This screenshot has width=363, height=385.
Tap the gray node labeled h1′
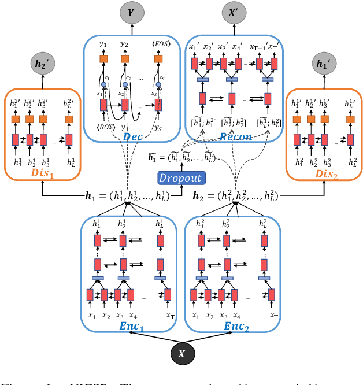point(321,65)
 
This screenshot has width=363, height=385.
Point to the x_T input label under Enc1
point(170,316)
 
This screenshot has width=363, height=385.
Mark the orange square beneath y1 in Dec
point(104,60)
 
